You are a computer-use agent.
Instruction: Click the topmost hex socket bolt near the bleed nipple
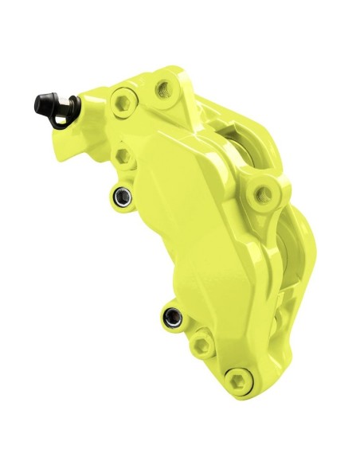[x=123, y=100]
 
